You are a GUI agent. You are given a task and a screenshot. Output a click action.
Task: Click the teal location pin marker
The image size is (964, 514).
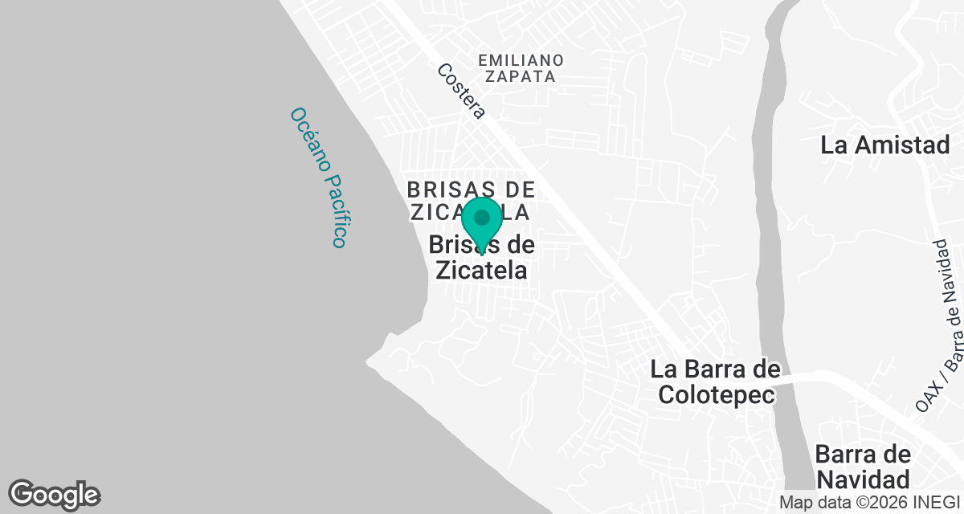tap(482, 225)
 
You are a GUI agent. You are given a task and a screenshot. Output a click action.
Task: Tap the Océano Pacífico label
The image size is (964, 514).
tap(319, 177)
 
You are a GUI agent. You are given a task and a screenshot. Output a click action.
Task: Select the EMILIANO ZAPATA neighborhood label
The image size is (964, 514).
tap(520, 68)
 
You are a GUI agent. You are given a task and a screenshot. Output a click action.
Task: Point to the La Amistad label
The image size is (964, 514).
tap(885, 145)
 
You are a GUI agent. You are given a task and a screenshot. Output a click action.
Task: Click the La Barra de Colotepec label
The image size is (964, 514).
tap(715, 381)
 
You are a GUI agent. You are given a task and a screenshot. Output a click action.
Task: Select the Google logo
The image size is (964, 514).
tap(54, 494)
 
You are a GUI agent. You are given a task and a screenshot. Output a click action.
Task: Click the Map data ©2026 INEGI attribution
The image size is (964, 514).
tap(869, 502)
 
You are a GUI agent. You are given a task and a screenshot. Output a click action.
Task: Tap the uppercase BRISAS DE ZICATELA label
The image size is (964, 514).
tap(471, 201)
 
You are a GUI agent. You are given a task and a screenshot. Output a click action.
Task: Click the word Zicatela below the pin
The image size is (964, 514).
tap(481, 270)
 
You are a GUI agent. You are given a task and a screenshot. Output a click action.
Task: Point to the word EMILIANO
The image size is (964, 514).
tap(520, 60)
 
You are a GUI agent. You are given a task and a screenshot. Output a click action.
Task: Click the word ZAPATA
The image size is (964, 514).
tap(520, 77)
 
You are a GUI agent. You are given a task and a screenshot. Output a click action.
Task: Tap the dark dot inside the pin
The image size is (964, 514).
tap(482, 218)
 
